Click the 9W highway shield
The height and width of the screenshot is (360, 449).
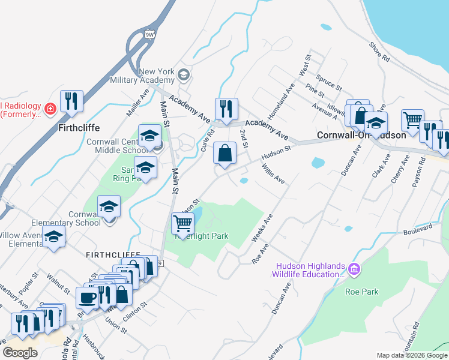click(x=149, y=35)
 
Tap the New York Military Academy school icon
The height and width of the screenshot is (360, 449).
click(x=183, y=76)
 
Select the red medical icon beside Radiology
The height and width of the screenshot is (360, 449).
click(x=50, y=109)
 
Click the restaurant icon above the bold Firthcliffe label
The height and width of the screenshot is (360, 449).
click(x=72, y=102)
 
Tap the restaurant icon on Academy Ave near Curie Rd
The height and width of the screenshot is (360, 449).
click(x=226, y=109)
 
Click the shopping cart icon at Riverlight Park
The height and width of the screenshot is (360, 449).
click(x=182, y=224)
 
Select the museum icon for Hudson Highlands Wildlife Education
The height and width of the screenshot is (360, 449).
click(x=354, y=270)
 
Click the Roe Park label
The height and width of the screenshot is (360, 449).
click(x=362, y=292)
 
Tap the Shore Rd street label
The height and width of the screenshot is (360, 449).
click(x=379, y=52)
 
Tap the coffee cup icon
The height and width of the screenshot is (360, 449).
click(x=87, y=298)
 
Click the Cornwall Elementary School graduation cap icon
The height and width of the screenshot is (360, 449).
click(x=109, y=207)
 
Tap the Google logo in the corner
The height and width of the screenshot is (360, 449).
click(x=20, y=353)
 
